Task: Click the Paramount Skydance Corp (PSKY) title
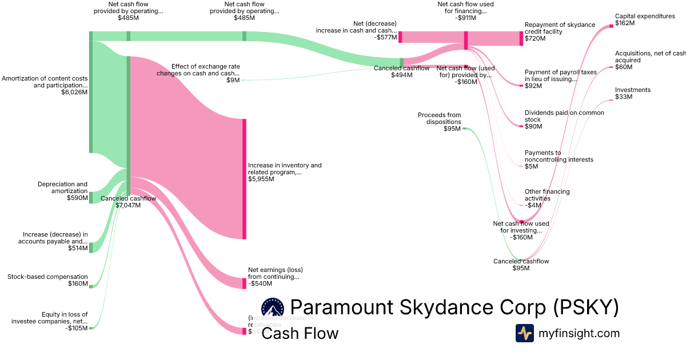coord(454,307)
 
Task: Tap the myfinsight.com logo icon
coord(524,333)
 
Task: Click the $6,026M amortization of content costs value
coord(74,92)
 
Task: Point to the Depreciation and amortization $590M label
coord(63,191)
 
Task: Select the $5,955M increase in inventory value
coord(261,179)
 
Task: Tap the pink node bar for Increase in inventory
coord(244,179)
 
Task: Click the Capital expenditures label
coord(645,17)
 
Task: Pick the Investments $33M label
coord(632,93)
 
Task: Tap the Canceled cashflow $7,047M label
coord(128,202)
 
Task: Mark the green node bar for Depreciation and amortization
coord(90,198)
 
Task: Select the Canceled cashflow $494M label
coord(401,71)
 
